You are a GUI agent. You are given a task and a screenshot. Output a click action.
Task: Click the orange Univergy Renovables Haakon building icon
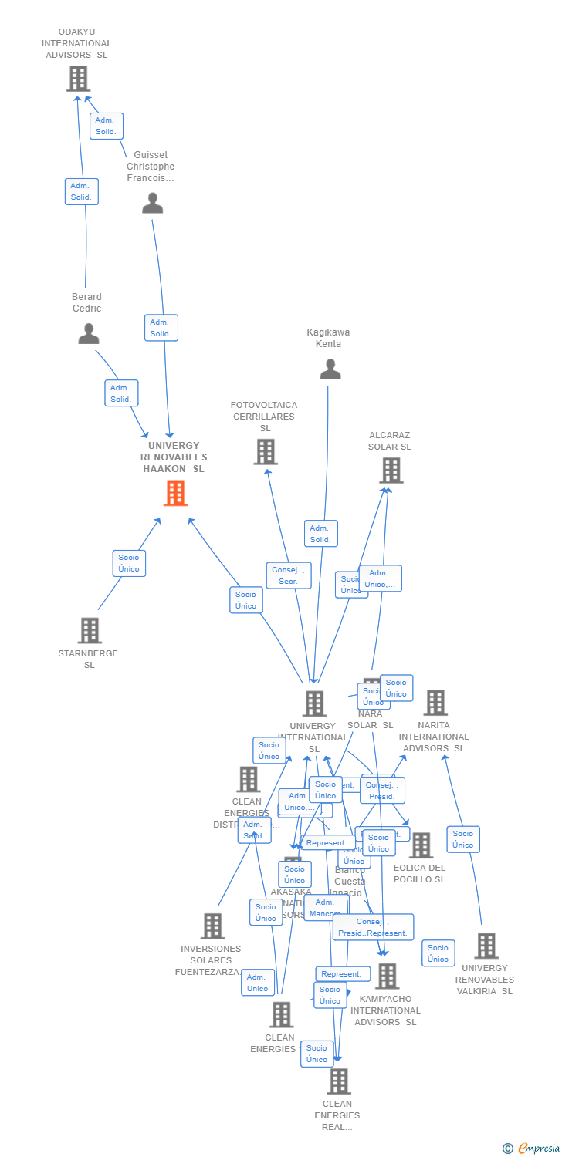175,493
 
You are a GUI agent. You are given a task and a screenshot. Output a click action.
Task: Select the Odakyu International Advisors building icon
78,79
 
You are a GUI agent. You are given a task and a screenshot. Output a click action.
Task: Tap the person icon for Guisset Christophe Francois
153,203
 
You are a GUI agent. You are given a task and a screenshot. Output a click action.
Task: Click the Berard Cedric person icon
89,333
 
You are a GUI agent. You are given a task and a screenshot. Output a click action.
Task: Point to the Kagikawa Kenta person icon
330,369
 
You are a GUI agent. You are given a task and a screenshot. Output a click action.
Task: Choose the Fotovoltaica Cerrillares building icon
266,452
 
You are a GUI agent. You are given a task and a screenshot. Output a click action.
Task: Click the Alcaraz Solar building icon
391,470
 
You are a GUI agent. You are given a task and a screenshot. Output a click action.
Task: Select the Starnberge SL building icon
90,630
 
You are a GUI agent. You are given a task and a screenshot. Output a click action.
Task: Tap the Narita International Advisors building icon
435,703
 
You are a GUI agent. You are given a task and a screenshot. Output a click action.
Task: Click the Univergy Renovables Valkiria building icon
486,946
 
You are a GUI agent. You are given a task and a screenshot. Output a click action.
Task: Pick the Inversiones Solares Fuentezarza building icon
212,926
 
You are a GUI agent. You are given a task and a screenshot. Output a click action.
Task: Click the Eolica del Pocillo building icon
421,845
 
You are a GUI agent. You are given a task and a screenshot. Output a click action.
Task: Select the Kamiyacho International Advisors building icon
387,976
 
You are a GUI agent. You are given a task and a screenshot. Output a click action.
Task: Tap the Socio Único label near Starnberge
129,563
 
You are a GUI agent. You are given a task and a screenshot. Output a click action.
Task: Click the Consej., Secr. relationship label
289,575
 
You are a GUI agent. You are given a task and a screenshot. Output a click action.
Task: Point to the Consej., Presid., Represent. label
373,927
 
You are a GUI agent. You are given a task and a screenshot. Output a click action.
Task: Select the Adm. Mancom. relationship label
325,908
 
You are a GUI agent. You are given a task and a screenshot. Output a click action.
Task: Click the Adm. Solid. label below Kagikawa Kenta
320,534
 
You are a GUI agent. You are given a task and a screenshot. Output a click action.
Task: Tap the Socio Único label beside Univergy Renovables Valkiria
438,953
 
